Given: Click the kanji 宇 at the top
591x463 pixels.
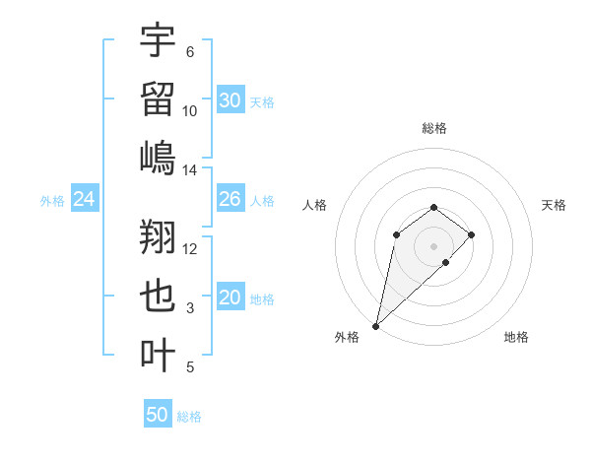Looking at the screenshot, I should click(158, 42).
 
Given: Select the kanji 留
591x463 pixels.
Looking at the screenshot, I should click(158, 99).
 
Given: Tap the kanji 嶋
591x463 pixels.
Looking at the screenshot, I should click(158, 158).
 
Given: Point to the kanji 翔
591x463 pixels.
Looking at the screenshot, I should click(158, 237).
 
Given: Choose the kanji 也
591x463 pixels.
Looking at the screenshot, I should click(158, 298).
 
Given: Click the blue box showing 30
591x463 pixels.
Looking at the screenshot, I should click(230, 100).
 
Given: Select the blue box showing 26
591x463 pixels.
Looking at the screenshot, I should click(230, 200).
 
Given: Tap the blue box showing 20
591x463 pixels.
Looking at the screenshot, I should click(230, 298).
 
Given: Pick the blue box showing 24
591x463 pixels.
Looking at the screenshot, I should click(85, 200).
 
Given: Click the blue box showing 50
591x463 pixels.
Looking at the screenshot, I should click(158, 415).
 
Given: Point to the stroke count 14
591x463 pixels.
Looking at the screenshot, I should click(190, 170).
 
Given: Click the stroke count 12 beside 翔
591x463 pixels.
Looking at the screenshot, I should click(190, 248).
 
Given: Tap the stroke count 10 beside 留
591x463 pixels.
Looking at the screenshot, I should click(190, 110).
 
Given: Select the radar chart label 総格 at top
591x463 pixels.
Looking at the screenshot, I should click(433, 128).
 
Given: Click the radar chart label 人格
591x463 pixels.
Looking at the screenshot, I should click(315, 205).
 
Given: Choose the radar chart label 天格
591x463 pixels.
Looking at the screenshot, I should click(554, 205).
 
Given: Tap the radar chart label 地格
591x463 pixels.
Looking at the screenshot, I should click(516, 337).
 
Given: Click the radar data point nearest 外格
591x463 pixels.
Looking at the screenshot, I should click(375, 325).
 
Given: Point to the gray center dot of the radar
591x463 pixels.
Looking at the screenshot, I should click(433, 245).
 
